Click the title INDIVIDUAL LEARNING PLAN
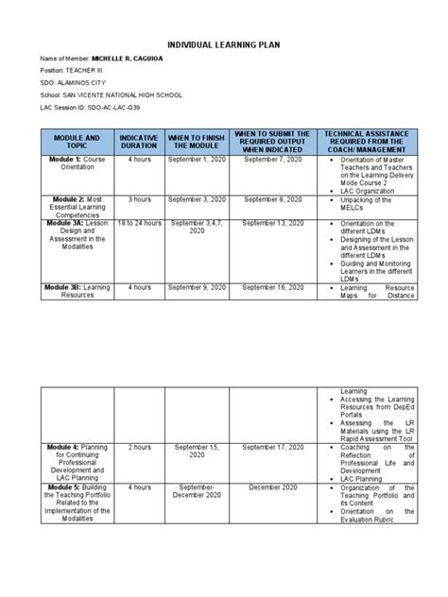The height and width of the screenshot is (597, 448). tap(224, 44)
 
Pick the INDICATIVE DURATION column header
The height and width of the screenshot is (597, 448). tap(139, 143)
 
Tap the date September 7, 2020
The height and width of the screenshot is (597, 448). tap(272, 161)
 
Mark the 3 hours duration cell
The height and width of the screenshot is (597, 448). tap(140, 200)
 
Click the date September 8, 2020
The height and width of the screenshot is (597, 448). tap(272, 200)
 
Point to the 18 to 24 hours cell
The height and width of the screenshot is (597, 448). tap(140, 223)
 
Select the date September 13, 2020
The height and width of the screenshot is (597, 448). tap(272, 223)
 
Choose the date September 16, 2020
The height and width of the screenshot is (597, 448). tap(272, 286)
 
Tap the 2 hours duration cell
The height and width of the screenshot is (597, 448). tap(140, 447)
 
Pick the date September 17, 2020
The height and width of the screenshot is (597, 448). tap(272, 447)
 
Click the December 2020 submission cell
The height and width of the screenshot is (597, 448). tap(272, 487)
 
